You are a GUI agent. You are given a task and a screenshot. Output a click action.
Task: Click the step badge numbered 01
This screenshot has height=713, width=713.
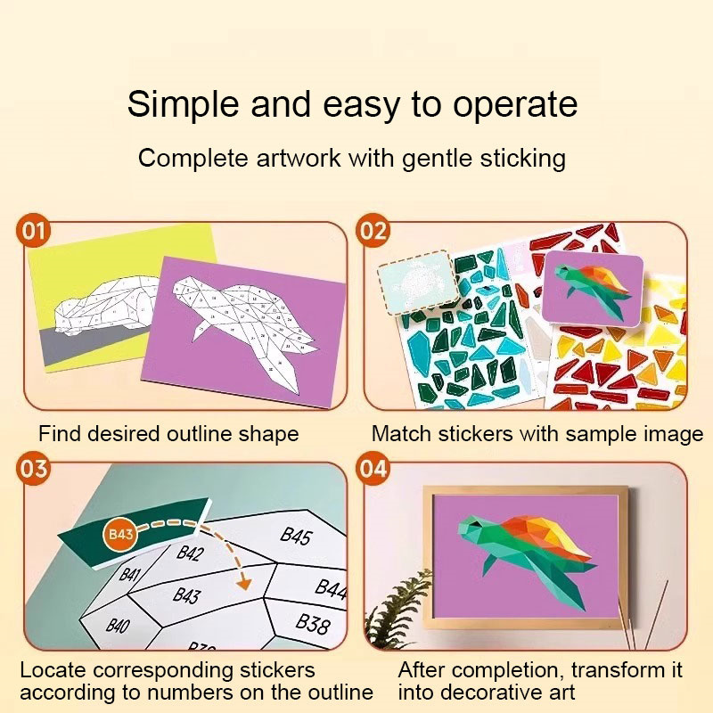[x=33, y=231]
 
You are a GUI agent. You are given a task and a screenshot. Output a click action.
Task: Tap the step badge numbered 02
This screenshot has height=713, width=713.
[x=373, y=231]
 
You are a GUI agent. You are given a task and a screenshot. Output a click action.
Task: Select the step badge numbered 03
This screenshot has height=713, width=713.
[x=33, y=469]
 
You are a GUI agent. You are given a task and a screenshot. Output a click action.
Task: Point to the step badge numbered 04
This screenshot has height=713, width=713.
[x=373, y=469]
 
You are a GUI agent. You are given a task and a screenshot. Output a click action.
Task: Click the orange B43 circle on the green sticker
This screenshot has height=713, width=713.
[x=120, y=534]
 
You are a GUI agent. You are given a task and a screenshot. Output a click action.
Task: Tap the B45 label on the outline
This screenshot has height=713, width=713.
[x=296, y=537]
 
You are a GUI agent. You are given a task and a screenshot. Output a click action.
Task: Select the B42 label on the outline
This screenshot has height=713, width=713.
[x=190, y=553]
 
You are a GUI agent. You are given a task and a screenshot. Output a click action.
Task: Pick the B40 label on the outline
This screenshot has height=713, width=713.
[x=118, y=627]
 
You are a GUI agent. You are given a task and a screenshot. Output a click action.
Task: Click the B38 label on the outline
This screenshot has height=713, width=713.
[x=313, y=623]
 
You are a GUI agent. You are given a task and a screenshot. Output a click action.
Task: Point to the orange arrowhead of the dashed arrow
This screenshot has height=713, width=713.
[x=244, y=583]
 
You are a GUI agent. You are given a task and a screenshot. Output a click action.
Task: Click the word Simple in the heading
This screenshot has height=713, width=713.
[x=183, y=105]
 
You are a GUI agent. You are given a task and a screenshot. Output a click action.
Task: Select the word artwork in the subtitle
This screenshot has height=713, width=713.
[x=299, y=159]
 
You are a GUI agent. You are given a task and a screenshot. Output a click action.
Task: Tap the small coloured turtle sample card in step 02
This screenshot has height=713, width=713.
[x=593, y=288]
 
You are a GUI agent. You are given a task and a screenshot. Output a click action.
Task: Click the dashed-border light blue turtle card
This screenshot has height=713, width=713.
[x=418, y=282]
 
